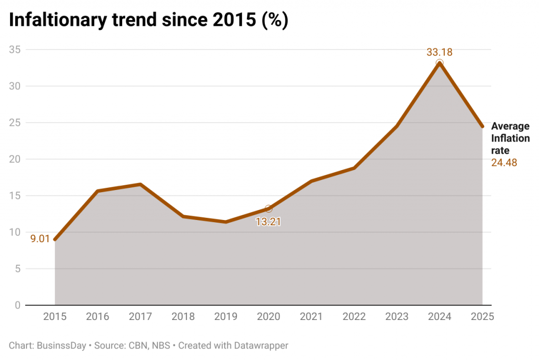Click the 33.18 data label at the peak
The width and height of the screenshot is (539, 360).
(440, 52)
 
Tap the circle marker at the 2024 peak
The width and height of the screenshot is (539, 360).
(440, 63)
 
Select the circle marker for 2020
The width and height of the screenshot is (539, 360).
(268, 209)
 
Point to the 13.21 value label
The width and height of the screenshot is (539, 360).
(268, 222)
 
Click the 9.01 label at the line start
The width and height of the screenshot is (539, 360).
(40, 239)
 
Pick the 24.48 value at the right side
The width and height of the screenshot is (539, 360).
(504, 163)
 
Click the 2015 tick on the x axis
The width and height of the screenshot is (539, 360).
(55, 317)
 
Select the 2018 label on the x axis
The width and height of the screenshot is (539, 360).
(183, 317)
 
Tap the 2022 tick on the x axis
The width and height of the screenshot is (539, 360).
(354, 317)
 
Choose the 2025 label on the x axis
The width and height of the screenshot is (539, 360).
(482, 317)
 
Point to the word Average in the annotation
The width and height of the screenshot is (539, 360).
(510, 126)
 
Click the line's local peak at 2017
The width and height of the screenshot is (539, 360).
(140, 184)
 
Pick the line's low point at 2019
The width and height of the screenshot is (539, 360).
(225, 222)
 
